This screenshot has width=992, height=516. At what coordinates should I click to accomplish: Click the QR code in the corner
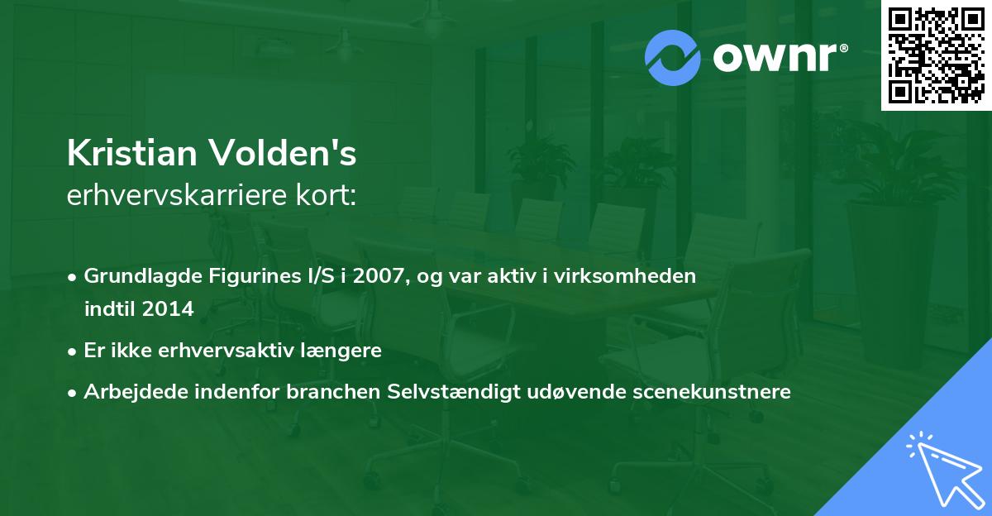click(935, 55)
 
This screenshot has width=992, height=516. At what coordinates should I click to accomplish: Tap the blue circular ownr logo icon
click(673, 58)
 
